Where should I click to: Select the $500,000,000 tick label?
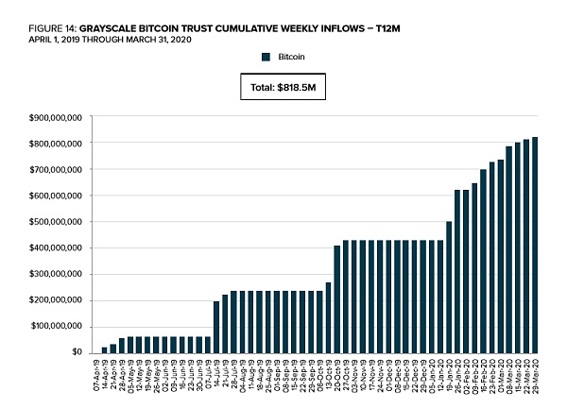click(56, 222)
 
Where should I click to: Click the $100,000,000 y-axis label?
click(56, 326)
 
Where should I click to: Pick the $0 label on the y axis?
click(78, 352)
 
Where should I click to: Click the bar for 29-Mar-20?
click(536, 245)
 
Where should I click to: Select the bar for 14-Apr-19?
click(105, 349)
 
